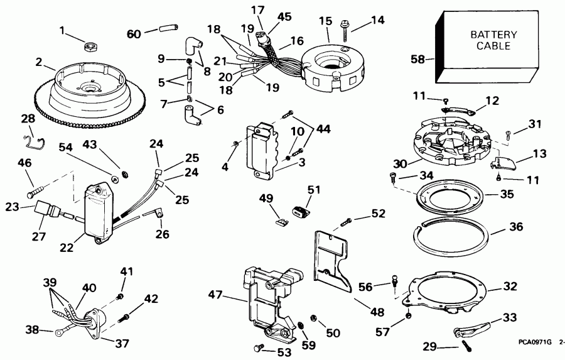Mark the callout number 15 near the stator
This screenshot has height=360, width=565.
pos(324,21)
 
